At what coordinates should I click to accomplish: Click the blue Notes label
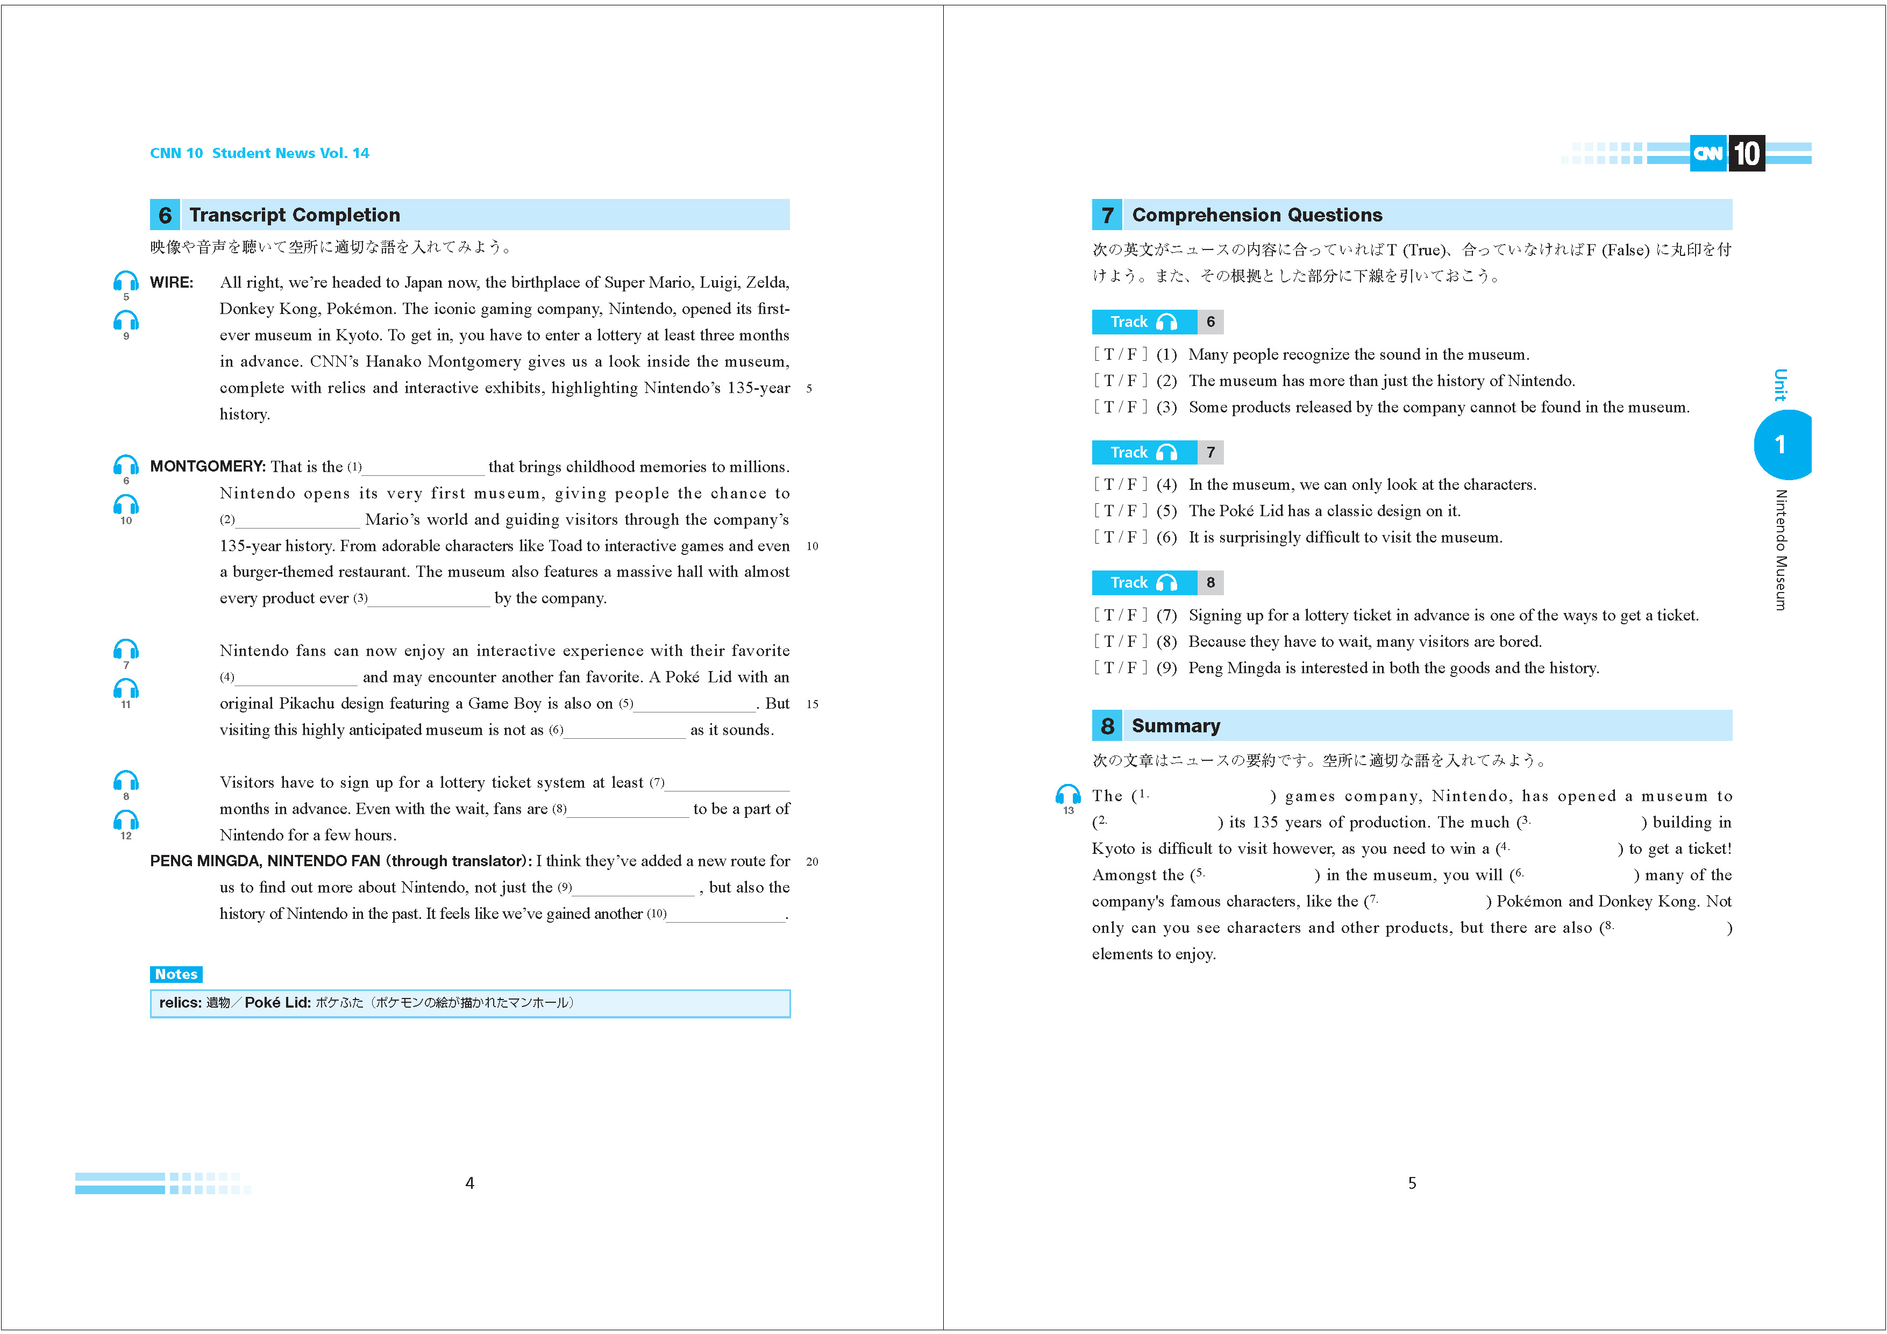(x=176, y=974)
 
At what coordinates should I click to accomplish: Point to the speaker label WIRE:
(x=172, y=282)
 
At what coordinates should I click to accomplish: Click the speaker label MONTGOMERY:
(x=207, y=466)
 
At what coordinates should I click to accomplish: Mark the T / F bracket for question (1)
(x=1120, y=354)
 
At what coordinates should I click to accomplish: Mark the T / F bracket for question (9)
(x=1120, y=667)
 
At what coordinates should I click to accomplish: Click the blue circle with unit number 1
(x=1780, y=445)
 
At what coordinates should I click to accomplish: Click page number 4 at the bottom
(x=469, y=1183)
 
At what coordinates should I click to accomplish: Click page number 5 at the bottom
(x=1412, y=1183)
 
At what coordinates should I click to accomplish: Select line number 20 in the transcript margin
(x=812, y=861)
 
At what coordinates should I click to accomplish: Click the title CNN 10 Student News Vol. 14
(x=259, y=153)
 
